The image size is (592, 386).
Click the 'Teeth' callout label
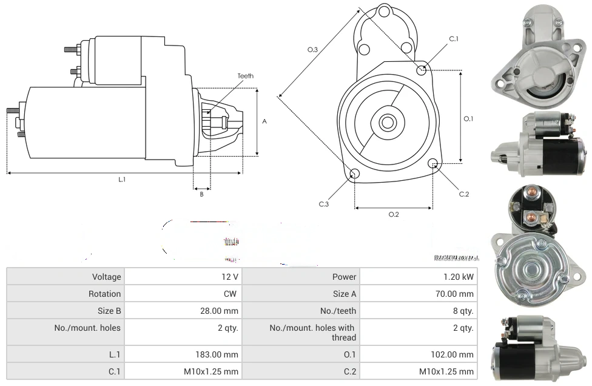245,76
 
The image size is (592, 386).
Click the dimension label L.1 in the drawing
122,179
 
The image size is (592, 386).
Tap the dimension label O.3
313,49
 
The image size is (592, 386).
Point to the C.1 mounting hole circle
422,70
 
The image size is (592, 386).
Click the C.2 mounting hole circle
433,164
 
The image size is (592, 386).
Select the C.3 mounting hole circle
355,175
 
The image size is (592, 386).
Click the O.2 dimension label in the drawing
393,214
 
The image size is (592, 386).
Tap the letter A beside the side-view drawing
264,121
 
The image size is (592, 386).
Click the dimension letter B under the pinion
201,194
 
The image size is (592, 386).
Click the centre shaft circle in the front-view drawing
387,123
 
